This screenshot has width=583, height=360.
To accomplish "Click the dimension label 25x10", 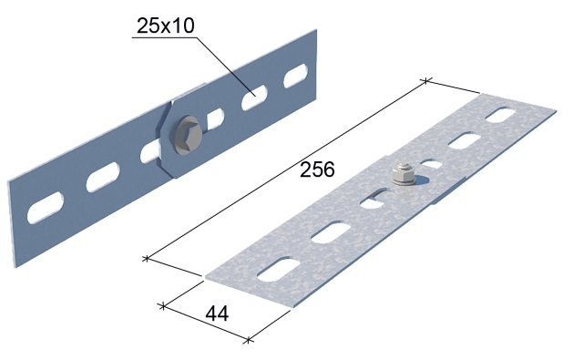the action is tap(166, 26).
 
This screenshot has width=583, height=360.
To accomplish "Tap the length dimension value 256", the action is tap(317, 170).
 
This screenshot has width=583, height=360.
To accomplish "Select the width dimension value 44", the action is tap(217, 314).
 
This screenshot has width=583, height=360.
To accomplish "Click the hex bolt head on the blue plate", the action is tap(189, 135).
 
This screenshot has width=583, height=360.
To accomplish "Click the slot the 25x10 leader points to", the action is tap(255, 98).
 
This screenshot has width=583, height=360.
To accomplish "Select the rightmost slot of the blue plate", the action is tap(295, 76).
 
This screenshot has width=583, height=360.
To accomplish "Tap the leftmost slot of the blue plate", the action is tap(46, 208).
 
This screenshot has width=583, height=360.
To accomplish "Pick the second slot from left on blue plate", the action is tap(103, 177).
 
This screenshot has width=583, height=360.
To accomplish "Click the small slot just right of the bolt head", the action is tap(215, 119).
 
